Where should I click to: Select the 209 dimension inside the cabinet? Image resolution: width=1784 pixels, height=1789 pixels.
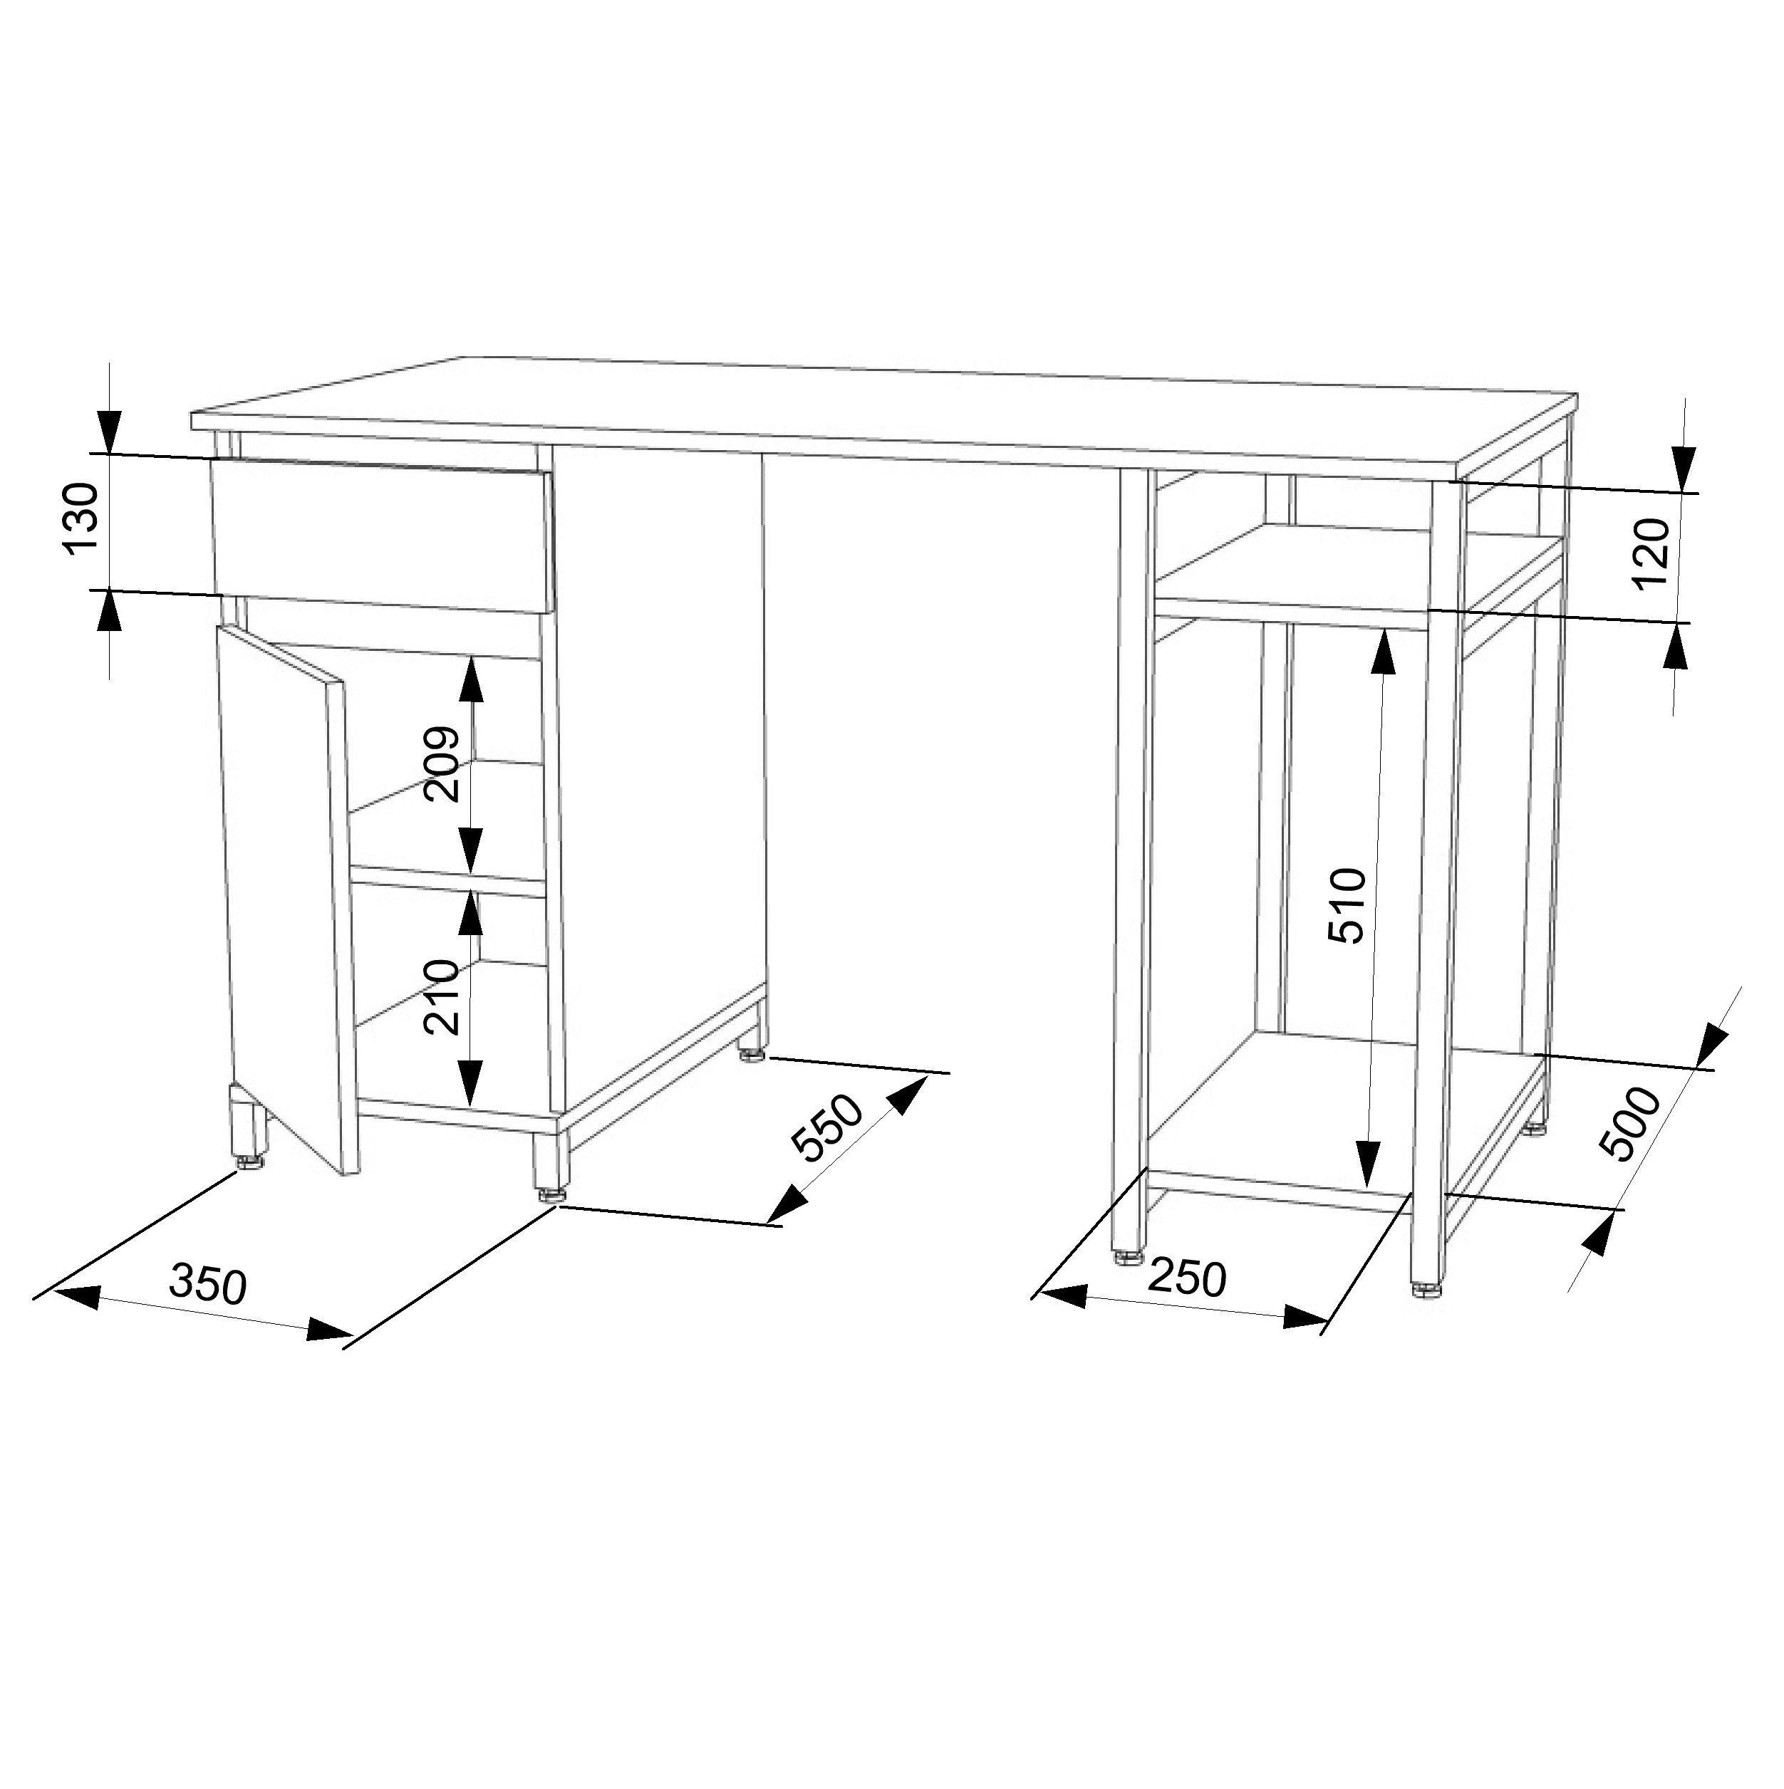[442, 764]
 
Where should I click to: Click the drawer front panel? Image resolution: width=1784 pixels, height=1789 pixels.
[382, 536]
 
